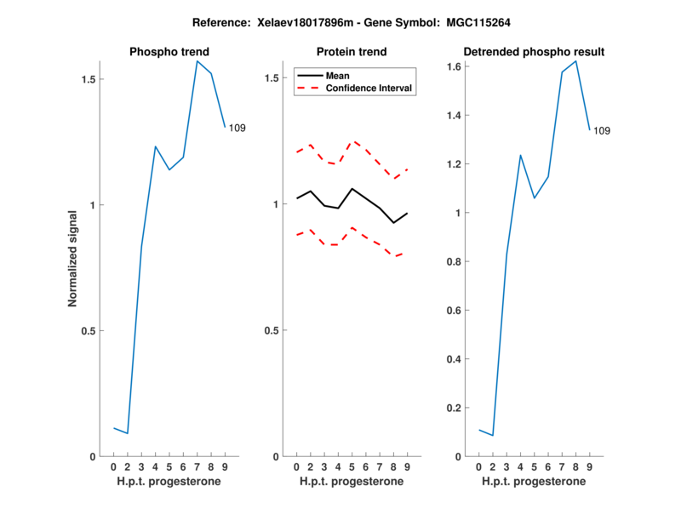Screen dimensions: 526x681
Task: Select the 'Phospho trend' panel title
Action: [169, 52]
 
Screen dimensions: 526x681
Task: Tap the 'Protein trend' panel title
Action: [352, 52]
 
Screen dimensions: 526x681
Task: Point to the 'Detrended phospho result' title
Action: [534, 52]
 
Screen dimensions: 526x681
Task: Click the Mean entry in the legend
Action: [338, 76]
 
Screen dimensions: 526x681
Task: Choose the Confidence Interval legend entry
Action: [369, 88]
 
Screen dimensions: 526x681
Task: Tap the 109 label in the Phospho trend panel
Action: [237, 128]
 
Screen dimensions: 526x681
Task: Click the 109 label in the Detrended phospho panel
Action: [602, 131]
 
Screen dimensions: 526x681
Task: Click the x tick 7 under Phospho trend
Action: [197, 467]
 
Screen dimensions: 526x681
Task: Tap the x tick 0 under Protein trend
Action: [296, 467]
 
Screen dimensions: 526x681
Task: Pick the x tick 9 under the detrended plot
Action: [590, 467]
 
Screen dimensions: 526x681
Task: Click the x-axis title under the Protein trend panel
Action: [352, 482]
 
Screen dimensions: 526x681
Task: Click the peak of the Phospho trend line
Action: [197, 61]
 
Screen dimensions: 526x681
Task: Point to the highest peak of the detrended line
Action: [576, 61]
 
